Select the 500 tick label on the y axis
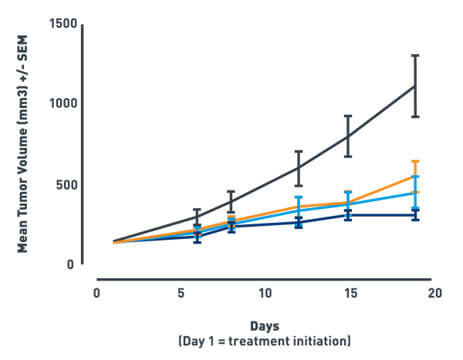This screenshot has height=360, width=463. click(66, 185)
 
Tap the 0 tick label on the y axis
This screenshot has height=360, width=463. click(72, 265)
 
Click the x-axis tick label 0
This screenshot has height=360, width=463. click(96, 293)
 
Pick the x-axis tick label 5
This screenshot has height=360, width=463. click(180, 293)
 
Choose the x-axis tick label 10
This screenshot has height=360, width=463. click(265, 293)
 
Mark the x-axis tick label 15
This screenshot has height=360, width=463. click(350, 293)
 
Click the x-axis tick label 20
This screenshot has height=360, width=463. click(434, 293)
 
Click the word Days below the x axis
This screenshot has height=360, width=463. click(265, 326)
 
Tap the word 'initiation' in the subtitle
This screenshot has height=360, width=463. click(319, 340)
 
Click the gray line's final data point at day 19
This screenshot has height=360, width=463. click(416, 86)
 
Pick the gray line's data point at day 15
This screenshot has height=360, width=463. click(348, 136)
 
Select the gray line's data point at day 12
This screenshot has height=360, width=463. click(298, 167)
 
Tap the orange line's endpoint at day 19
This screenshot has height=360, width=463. click(416, 176)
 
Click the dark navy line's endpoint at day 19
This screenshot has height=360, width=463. click(416, 214)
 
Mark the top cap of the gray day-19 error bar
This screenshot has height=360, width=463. click(416, 56)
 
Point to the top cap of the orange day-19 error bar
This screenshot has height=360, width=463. click(416, 161)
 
